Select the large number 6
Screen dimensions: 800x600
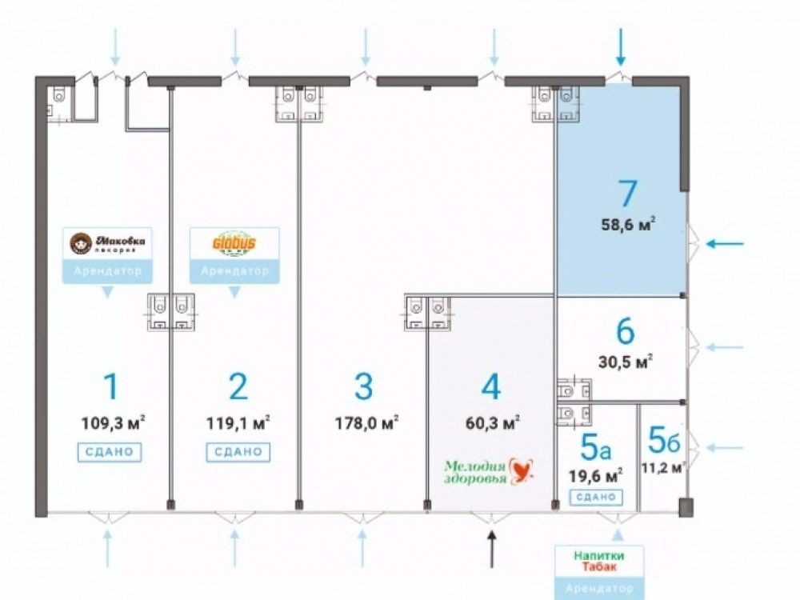click(626, 330)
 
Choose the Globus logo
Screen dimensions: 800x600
click(234, 242)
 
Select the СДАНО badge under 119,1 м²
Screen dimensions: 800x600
click(238, 452)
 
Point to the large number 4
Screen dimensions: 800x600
click(490, 387)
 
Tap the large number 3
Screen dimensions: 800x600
click(364, 387)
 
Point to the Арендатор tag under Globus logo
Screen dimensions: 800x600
click(234, 271)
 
